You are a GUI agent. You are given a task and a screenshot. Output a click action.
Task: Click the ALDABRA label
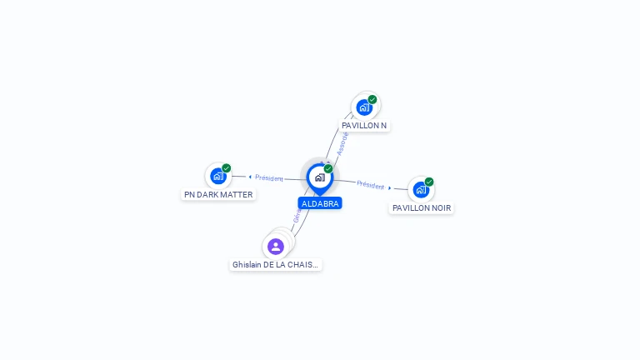pyautogui.click(x=320, y=203)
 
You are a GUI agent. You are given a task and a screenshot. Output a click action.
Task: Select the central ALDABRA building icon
pyautogui.click(x=319, y=177)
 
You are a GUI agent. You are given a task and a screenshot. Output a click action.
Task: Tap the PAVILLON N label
pyautogui.click(x=364, y=126)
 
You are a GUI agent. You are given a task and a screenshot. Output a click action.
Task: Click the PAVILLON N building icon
pyautogui.click(x=364, y=107)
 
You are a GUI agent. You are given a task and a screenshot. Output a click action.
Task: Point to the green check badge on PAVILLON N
pyautogui.click(x=372, y=99)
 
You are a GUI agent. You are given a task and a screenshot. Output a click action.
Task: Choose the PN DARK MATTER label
pyautogui.click(x=218, y=195)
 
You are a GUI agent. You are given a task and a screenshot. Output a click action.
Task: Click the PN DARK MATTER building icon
pyautogui.click(x=217, y=176)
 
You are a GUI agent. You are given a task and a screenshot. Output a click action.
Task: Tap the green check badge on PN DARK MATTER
pyautogui.click(x=227, y=167)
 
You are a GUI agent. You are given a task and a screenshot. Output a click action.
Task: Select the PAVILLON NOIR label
pyautogui.click(x=422, y=208)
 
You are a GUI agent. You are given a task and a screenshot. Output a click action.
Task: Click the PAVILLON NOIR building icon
pyautogui.click(x=420, y=190)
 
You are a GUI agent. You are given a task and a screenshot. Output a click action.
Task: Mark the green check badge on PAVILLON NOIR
pyautogui.click(x=429, y=182)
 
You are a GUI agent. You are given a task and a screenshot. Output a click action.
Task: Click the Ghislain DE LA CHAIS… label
pyautogui.click(x=275, y=265)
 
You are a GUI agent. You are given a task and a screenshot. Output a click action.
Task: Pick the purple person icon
pyautogui.click(x=276, y=247)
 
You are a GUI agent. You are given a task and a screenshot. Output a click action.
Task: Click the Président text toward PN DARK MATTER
pyautogui.click(x=269, y=177)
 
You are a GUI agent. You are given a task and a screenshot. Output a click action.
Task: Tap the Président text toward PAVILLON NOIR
pyautogui.click(x=370, y=185)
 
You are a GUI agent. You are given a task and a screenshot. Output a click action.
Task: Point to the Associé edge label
pyautogui.click(x=342, y=142)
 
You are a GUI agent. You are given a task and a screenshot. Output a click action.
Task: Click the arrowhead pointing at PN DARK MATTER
pyautogui.click(x=250, y=177)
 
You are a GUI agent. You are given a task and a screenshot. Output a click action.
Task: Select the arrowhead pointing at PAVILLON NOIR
pyautogui.click(x=390, y=188)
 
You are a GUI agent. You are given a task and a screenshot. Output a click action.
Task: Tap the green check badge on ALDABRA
pyautogui.click(x=328, y=169)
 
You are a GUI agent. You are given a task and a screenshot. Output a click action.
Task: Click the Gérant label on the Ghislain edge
pyautogui.click(x=297, y=214)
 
